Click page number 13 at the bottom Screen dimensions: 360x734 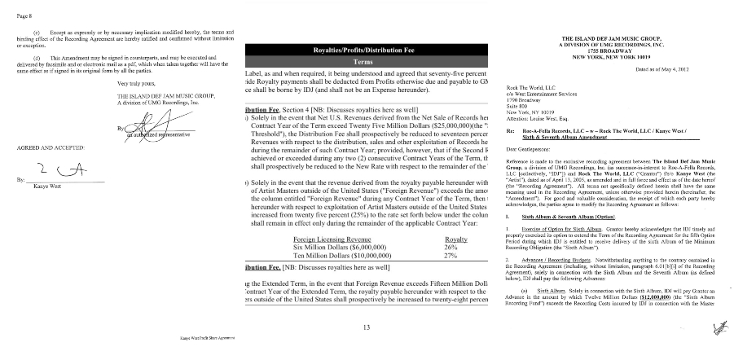367,327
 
